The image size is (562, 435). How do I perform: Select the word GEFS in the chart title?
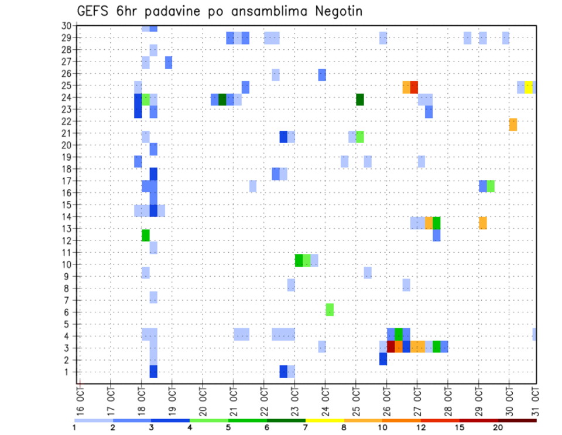pyautogui.click(x=95, y=11)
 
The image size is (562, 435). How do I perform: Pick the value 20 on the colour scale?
pyautogui.click(x=498, y=427)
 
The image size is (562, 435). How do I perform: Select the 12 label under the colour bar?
pyautogui.click(x=421, y=427)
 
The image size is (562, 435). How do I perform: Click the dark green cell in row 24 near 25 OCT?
pyautogui.click(x=359, y=100)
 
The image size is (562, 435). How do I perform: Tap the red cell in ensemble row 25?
pyautogui.click(x=414, y=87)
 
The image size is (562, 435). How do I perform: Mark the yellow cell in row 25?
pyautogui.click(x=529, y=87)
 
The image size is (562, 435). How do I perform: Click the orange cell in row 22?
pyautogui.click(x=513, y=124)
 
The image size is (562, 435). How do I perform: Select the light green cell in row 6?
pyautogui.click(x=330, y=310)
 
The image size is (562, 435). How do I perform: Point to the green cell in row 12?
pyautogui.click(x=145, y=235)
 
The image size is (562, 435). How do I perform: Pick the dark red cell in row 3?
pyautogui.click(x=390, y=346)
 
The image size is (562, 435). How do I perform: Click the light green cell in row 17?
pyautogui.click(x=491, y=186)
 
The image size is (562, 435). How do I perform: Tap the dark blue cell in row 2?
pyautogui.click(x=383, y=359)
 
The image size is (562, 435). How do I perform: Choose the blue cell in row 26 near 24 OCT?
pyautogui.click(x=322, y=75)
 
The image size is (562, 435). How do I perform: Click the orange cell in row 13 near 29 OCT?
pyautogui.click(x=483, y=223)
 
